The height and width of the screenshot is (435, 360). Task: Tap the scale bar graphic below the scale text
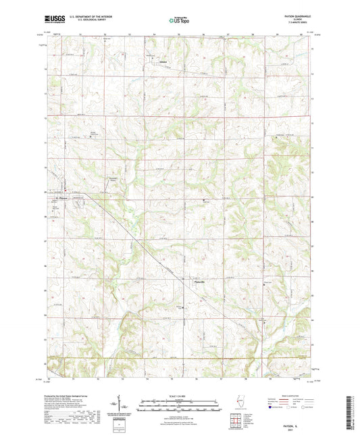[180, 405]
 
